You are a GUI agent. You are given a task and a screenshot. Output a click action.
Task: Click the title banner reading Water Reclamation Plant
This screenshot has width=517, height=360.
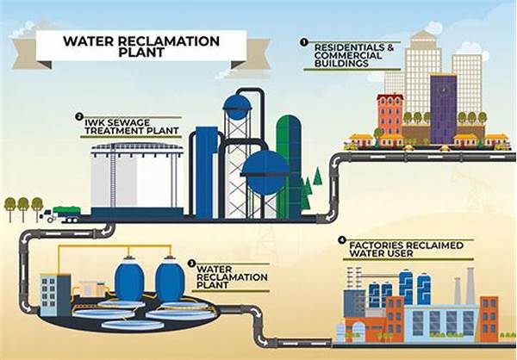pos(141,46)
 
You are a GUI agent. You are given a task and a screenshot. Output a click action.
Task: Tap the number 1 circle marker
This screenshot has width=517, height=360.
pos(303,42)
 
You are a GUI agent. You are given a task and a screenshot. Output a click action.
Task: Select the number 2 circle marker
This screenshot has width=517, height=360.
pos(78,116)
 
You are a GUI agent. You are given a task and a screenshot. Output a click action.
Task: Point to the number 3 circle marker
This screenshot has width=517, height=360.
pos(191,263)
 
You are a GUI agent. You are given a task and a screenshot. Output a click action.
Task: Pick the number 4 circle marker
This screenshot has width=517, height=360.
pos(342,240)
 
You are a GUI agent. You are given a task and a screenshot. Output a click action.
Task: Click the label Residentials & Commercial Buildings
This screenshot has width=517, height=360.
pos(354,55)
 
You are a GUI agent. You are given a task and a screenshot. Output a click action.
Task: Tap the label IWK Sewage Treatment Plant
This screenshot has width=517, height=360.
pos(132,127)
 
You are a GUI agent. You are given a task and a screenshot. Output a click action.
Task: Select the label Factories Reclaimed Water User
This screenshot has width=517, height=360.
pos(406,249)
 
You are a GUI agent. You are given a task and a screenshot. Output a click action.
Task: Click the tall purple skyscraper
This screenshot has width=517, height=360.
pos(443,109)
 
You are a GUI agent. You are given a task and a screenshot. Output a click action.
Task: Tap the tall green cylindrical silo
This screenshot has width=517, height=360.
pos(289,166)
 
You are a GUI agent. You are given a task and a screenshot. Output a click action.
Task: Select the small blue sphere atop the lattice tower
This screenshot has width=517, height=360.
pos(237,107)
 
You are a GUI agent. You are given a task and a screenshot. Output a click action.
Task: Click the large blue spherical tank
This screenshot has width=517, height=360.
pos(265,172)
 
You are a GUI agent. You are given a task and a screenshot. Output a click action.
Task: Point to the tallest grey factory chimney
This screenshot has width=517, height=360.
pos(470,286)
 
